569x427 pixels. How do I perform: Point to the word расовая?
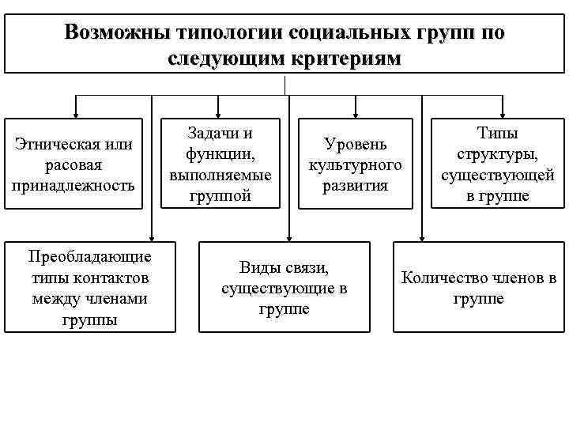(74, 165)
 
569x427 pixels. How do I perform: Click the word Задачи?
(211, 134)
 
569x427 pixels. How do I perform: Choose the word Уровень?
(355, 145)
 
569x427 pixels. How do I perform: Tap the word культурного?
(355, 165)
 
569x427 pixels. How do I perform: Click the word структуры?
(492, 155)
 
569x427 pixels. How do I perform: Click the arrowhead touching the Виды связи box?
(288, 236)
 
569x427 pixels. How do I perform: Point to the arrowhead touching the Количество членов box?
(423, 236)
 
